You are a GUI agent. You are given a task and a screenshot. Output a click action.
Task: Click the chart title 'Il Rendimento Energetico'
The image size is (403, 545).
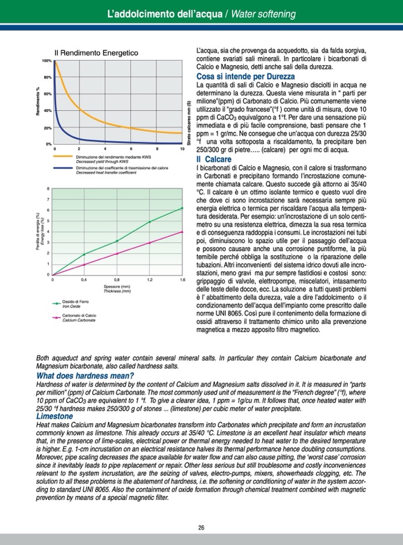(x=96, y=53)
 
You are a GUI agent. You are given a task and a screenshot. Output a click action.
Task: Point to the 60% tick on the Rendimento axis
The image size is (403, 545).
(x=48, y=93)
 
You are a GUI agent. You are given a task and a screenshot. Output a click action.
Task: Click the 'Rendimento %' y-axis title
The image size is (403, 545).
(x=38, y=102)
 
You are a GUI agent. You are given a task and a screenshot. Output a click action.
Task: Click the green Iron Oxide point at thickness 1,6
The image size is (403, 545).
(x=182, y=208)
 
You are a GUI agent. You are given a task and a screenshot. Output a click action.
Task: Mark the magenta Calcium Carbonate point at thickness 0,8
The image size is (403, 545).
(x=117, y=253)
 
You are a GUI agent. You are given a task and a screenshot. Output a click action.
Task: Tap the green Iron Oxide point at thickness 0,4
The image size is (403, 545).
(x=85, y=254)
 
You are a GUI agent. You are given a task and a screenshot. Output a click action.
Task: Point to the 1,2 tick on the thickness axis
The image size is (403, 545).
(x=149, y=280)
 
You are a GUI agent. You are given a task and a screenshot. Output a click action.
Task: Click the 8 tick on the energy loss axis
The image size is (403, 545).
(x=49, y=189)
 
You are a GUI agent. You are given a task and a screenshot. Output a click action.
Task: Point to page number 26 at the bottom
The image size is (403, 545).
(x=201, y=527)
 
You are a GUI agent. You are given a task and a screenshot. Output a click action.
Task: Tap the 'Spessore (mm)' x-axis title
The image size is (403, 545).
(x=117, y=287)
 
